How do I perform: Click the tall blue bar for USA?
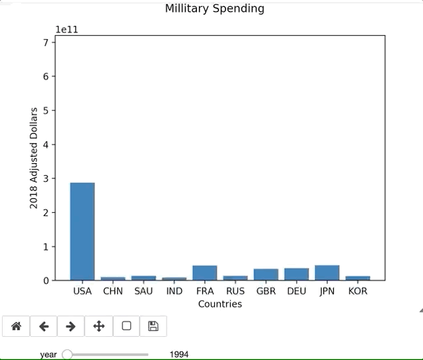click(83, 231)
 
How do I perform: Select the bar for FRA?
click(205, 273)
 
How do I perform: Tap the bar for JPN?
click(327, 273)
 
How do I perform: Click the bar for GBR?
click(266, 274)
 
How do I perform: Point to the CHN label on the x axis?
click(113, 291)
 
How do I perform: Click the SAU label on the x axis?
click(143, 291)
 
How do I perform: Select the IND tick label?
click(174, 291)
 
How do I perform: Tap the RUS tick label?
click(235, 291)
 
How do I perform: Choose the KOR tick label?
click(358, 291)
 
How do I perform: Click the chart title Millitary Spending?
click(215, 9)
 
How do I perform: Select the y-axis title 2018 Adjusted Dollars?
click(34, 159)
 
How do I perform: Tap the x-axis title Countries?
click(220, 304)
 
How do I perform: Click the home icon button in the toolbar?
click(17, 326)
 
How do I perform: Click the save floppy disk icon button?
click(153, 326)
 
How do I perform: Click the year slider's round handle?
click(67, 355)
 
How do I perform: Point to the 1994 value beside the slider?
click(179, 355)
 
